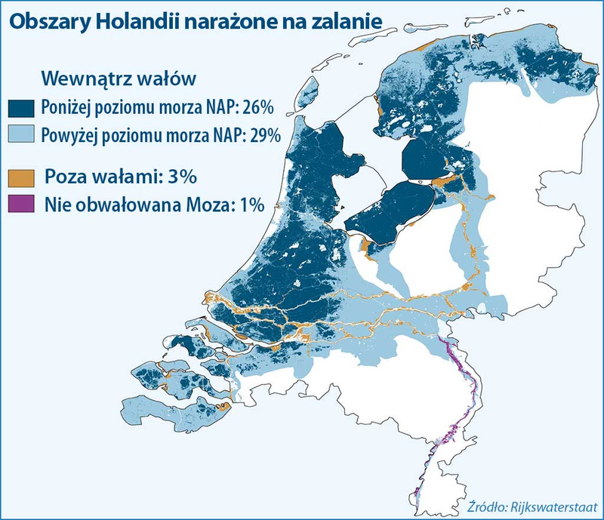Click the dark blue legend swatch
(x=21, y=106)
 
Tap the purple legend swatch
(x=21, y=205)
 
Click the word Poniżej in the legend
(x=67, y=106)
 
